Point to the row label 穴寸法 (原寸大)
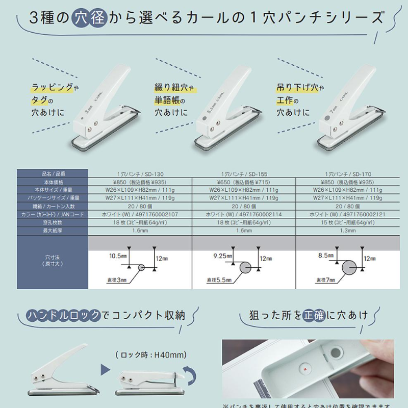pyautogui.click(x=53, y=263)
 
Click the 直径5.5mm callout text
pyautogui.click(x=219, y=279)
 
